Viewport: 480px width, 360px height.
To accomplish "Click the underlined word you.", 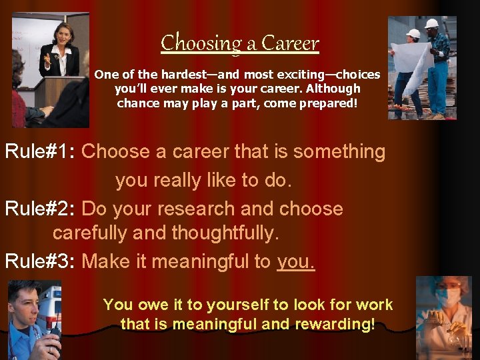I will [295, 262].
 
